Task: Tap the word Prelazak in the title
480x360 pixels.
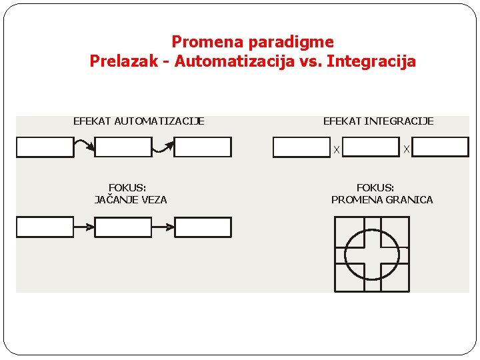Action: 121,62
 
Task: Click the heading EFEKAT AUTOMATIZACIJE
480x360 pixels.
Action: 139,121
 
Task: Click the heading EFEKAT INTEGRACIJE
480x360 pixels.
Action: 378,121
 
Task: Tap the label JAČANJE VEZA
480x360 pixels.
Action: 131,199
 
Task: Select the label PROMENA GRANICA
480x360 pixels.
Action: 382,199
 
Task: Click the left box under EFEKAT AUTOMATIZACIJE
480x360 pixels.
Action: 45,147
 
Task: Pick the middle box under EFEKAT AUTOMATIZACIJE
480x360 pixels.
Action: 123,147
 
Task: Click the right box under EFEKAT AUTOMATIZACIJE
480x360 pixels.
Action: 203,147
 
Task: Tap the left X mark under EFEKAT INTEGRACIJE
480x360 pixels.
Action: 337,150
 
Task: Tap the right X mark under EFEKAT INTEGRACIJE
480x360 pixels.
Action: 407,150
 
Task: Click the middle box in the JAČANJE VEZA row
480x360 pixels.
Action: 123,227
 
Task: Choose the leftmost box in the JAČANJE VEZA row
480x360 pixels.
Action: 45,227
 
